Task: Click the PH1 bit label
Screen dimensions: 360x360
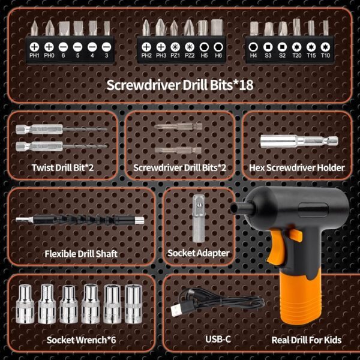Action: (x=34, y=55)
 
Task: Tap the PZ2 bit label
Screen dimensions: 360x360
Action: (x=189, y=55)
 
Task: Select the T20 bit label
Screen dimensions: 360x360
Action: (x=296, y=55)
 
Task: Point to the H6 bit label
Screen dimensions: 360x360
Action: (x=218, y=55)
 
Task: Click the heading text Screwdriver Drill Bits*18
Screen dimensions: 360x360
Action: (x=179, y=84)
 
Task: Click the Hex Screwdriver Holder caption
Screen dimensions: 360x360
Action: (x=297, y=167)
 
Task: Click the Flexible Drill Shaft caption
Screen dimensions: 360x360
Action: (x=80, y=253)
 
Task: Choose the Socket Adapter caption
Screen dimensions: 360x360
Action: (x=199, y=253)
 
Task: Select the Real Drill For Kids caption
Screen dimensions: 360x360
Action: (x=306, y=340)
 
